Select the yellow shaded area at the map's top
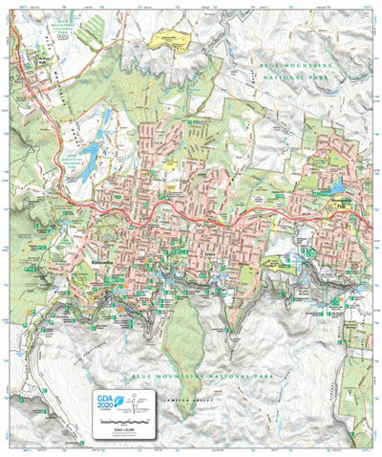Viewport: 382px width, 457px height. [169, 40]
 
